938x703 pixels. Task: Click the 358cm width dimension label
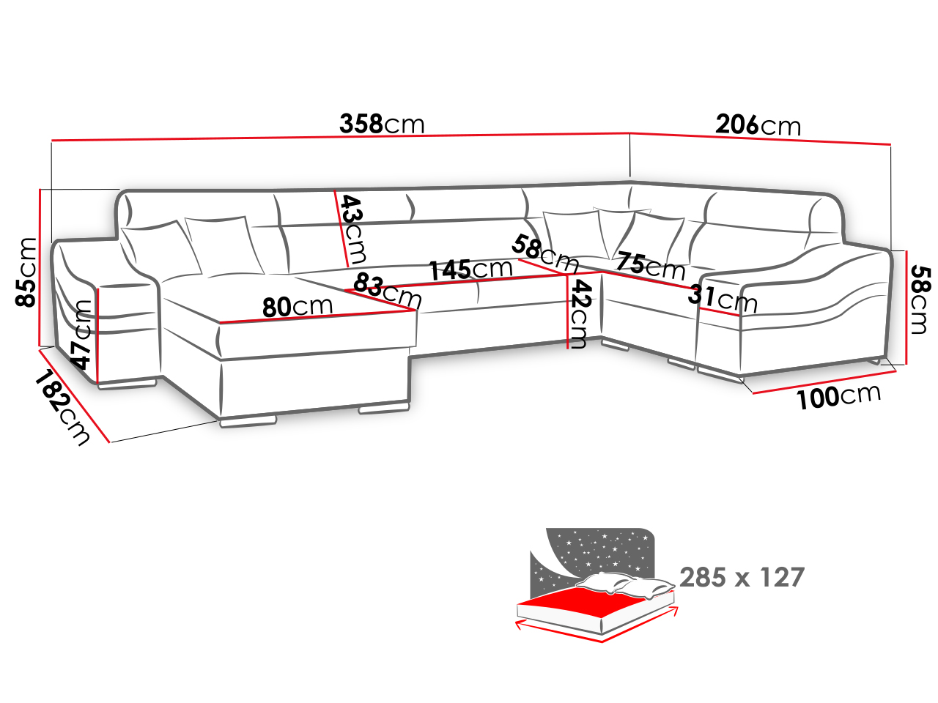(x=382, y=124)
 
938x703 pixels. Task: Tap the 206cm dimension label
(x=758, y=125)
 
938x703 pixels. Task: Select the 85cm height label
(x=26, y=272)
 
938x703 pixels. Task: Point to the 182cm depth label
(x=62, y=407)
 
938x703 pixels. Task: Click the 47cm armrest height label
(x=81, y=335)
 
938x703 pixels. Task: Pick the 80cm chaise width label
(x=297, y=307)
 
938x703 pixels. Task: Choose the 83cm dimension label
(x=388, y=290)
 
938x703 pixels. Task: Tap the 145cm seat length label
(x=470, y=269)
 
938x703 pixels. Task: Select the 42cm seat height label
(x=580, y=314)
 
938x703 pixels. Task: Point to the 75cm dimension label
(x=651, y=266)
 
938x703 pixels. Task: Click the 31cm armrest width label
(x=723, y=298)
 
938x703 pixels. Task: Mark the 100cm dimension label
(x=838, y=396)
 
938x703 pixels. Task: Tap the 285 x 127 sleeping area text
(x=742, y=578)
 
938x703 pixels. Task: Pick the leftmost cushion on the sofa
(x=160, y=250)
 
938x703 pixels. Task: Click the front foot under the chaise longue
(x=248, y=422)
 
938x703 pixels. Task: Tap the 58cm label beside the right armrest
(x=919, y=300)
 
